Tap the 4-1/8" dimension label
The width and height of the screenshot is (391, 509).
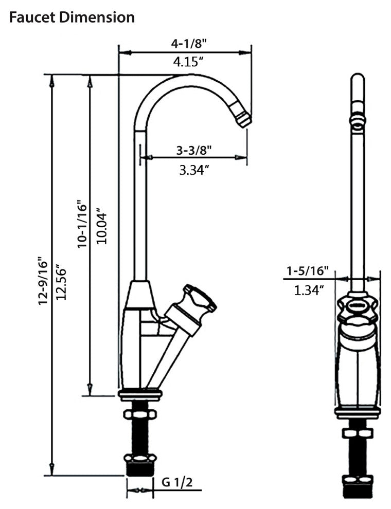[x=189, y=44]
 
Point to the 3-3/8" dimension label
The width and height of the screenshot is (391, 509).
[x=194, y=150]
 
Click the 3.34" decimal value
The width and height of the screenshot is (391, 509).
[x=194, y=170]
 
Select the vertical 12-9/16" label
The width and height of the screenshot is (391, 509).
[x=43, y=281]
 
